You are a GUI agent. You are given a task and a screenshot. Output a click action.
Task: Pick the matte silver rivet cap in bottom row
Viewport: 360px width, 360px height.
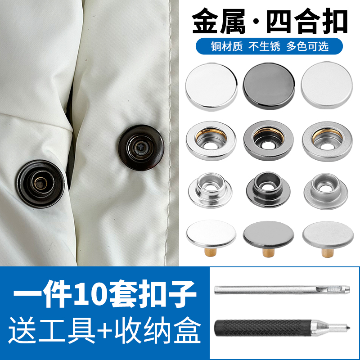tap(325, 232)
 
